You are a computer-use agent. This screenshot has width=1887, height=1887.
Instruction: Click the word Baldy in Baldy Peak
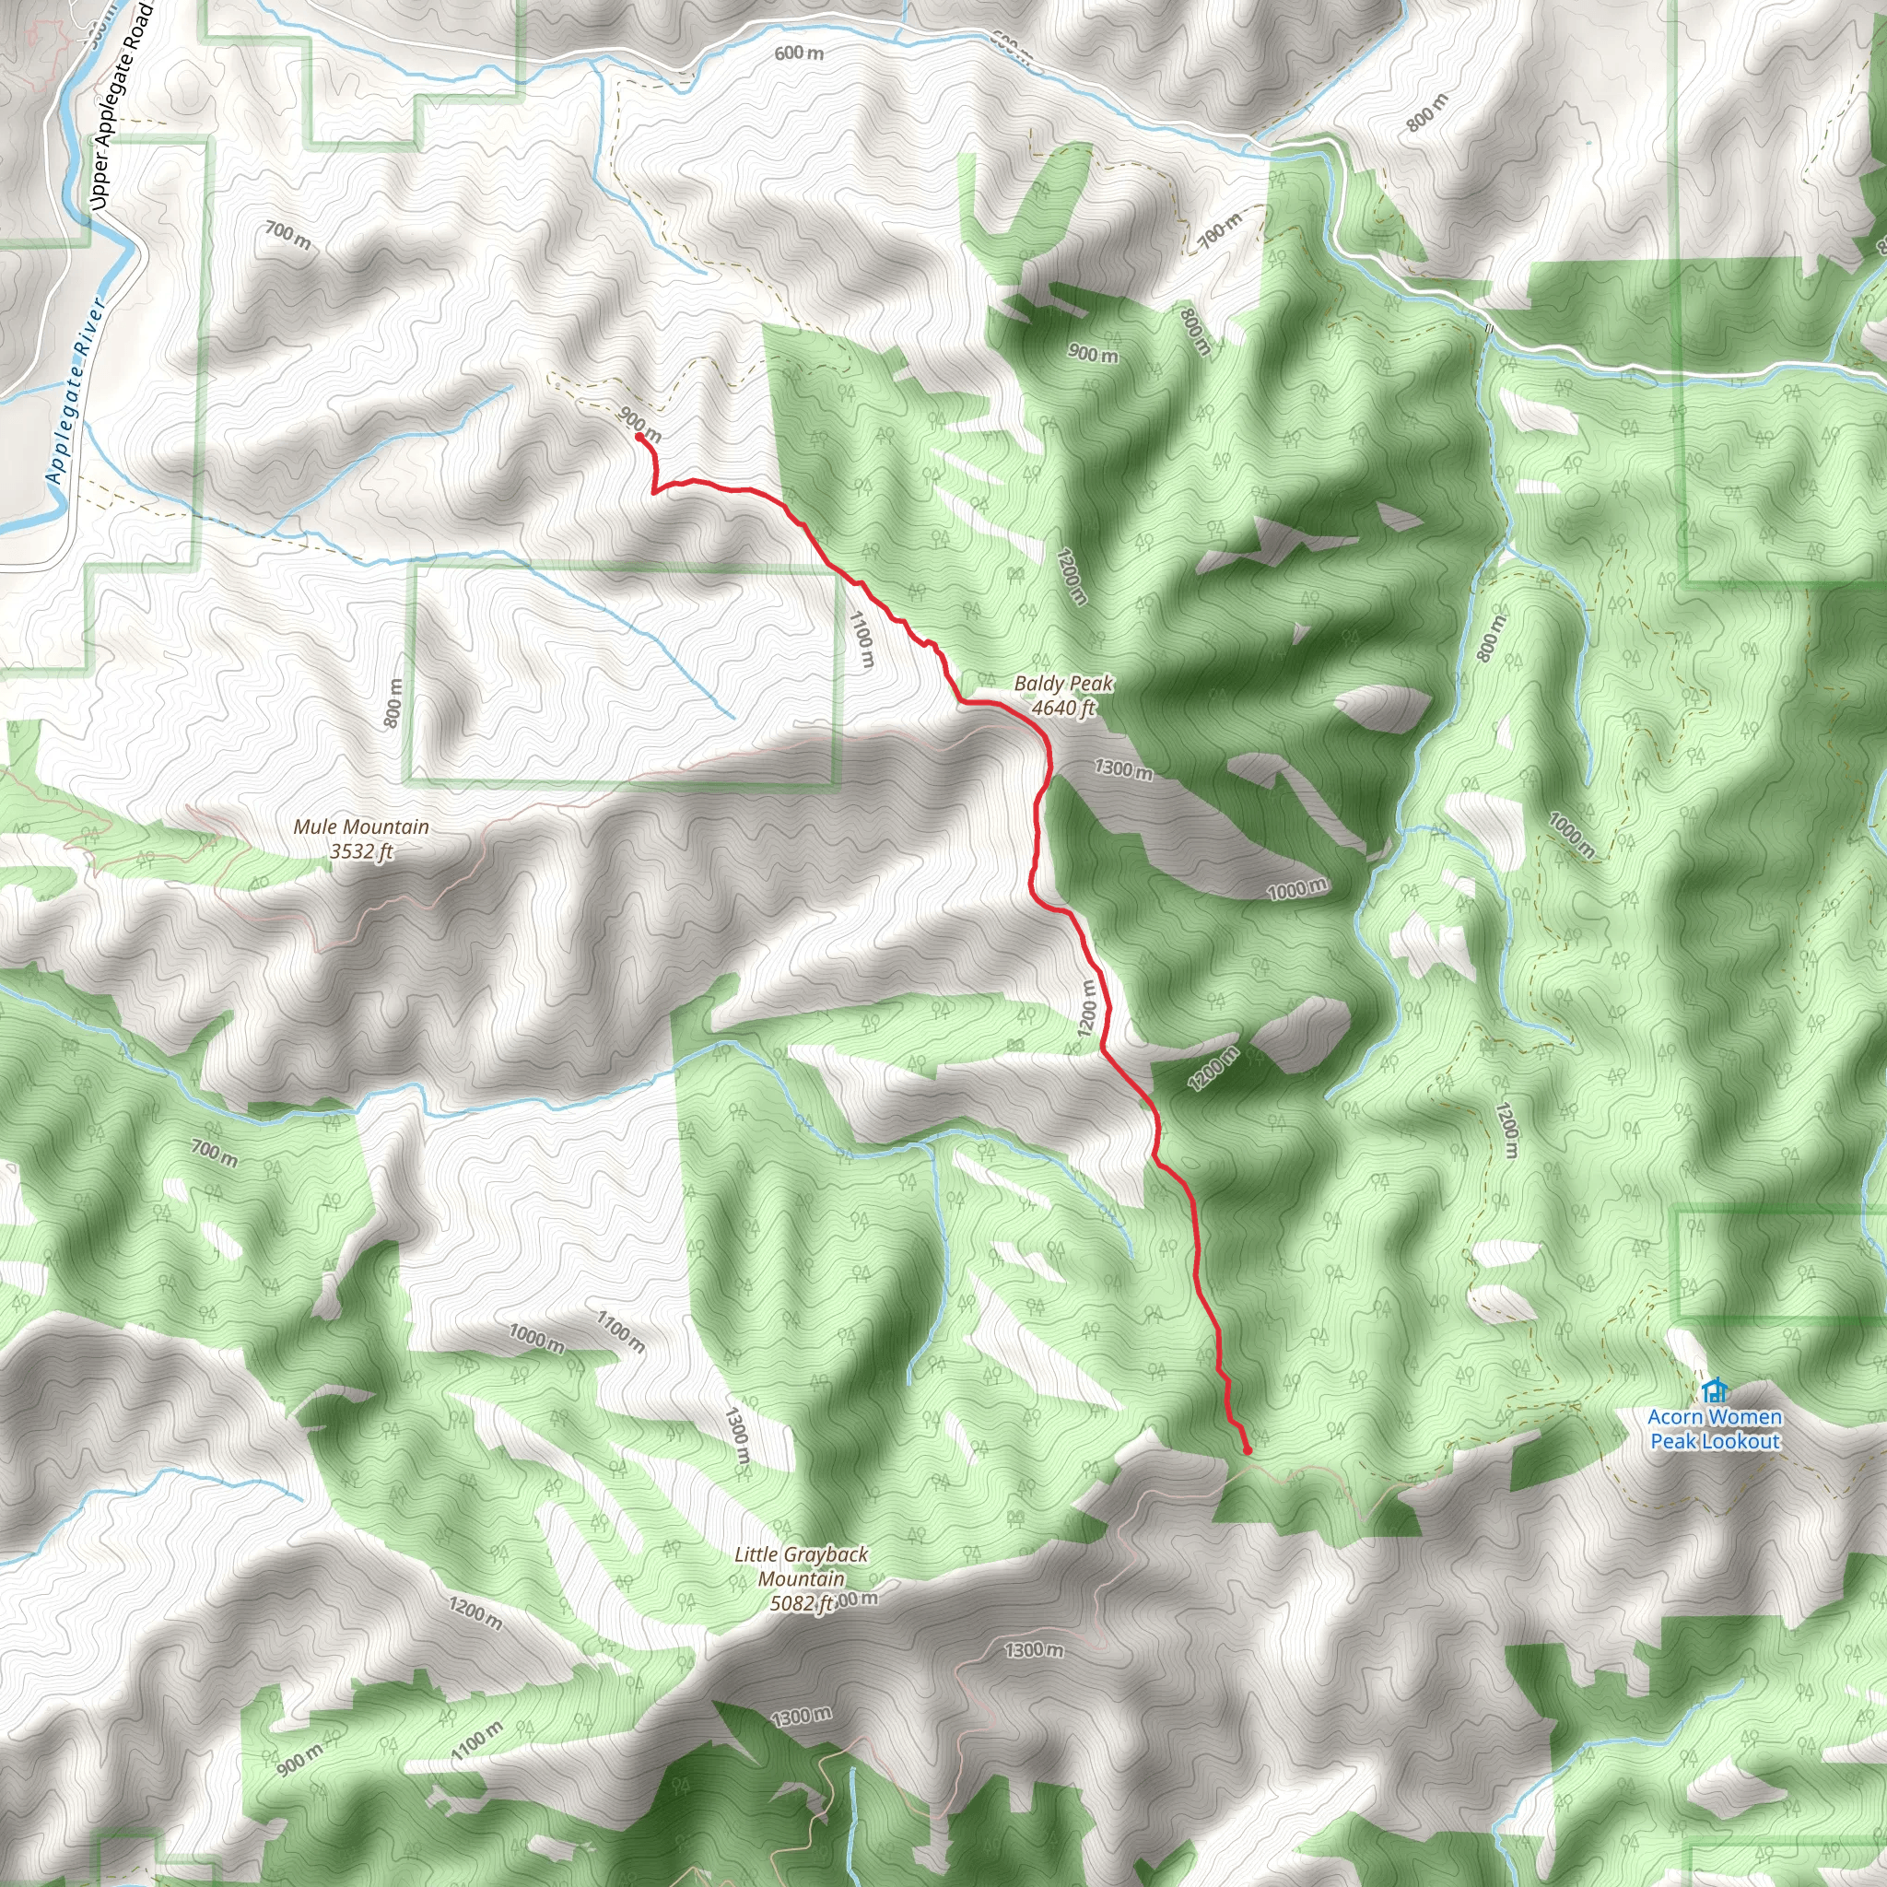click(1037, 684)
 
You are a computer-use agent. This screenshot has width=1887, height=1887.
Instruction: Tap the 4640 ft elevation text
click(1063, 709)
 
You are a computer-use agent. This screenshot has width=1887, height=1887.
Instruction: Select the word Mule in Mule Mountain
click(315, 827)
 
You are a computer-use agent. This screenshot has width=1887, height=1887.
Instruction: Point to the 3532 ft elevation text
click(360, 851)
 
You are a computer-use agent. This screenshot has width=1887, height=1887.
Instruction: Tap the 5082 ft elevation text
click(802, 1603)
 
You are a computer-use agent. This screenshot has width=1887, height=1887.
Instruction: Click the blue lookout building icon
click(1713, 1389)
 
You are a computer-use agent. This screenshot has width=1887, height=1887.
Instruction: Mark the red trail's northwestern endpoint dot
click(639, 438)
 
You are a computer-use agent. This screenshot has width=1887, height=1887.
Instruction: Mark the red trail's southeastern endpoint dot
click(1248, 1451)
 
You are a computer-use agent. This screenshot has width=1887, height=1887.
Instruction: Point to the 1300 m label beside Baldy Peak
click(1123, 769)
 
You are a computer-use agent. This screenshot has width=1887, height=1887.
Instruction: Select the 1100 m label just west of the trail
click(861, 639)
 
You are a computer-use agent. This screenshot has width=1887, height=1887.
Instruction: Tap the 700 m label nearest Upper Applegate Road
click(288, 234)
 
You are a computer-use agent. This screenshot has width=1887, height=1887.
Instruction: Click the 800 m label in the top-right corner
click(1427, 113)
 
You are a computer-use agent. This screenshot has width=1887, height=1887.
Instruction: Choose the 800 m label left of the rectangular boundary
click(393, 703)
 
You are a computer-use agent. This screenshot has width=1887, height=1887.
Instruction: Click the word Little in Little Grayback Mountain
click(755, 1554)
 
